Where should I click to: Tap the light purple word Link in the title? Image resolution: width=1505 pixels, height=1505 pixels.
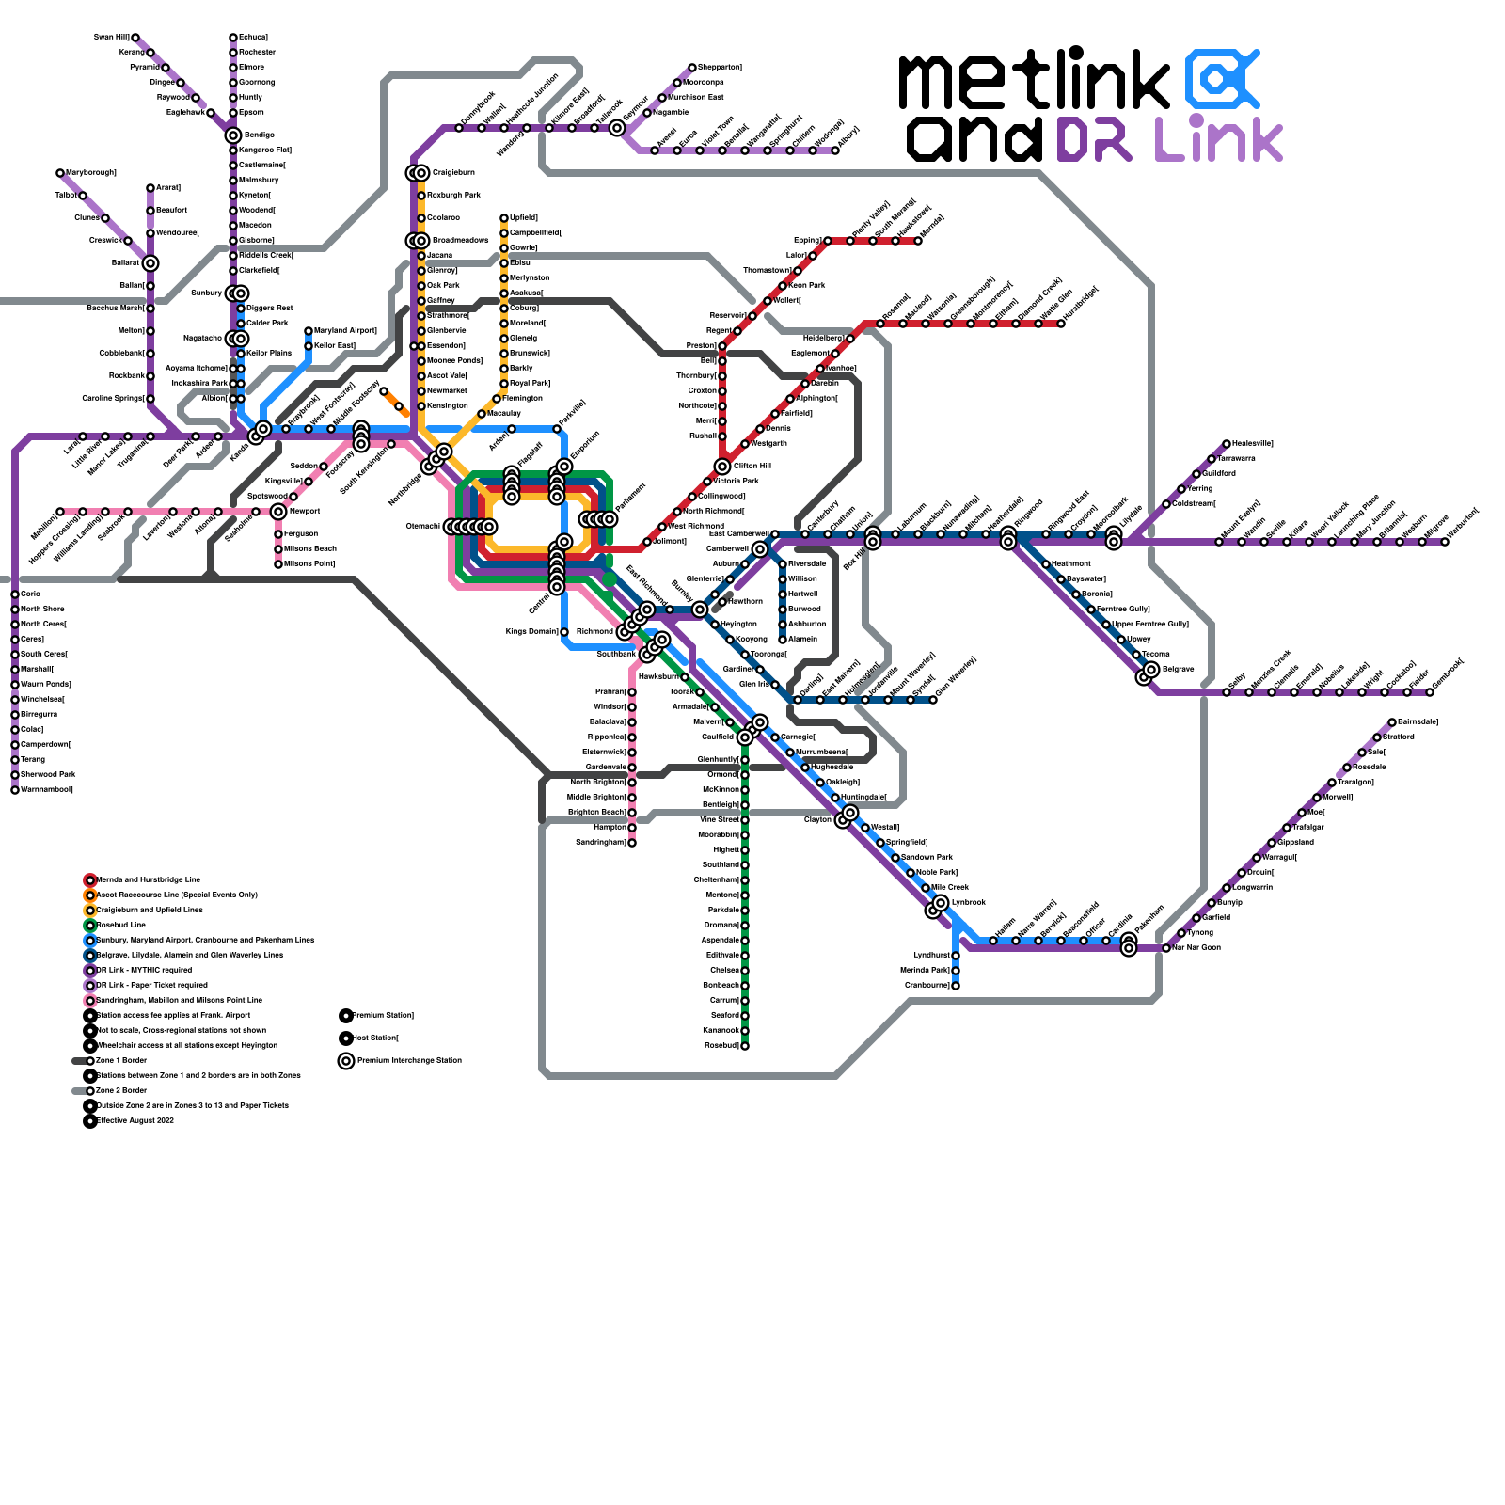coord(1219,139)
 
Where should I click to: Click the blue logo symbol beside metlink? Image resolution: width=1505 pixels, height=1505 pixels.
coord(1221,79)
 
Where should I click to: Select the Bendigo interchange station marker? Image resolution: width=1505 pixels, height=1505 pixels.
coord(233,135)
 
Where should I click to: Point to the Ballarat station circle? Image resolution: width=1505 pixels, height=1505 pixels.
coord(150,263)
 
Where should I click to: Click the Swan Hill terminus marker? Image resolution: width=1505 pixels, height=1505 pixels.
coord(135,38)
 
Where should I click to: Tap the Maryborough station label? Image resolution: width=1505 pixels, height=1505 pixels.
coord(91,173)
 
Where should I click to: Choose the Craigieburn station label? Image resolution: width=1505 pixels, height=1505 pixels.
coord(453,173)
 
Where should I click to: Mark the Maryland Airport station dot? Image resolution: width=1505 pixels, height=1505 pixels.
coord(309,331)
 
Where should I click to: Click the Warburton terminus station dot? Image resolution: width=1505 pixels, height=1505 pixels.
coord(1445,542)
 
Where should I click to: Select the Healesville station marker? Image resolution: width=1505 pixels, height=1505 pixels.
coord(1227,444)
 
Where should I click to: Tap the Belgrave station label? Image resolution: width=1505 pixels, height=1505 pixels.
coord(1178,670)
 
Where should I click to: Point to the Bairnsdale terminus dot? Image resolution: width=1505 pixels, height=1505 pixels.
coord(1392,722)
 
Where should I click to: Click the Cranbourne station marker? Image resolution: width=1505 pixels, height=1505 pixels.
coord(956,986)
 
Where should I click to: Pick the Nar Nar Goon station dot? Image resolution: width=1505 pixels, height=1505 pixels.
coord(1166,948)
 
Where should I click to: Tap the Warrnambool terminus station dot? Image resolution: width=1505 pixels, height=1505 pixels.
coord(15,790)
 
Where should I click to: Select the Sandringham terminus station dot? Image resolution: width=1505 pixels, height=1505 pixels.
coord(632,843)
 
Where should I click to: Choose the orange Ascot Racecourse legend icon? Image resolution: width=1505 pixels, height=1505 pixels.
coord(90,895)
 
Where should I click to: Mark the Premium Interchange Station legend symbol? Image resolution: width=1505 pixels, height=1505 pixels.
coord(346,1061)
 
